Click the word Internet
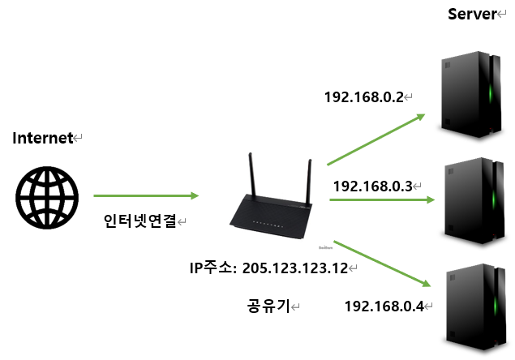click(x=43, y=138)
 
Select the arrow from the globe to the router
click(x=146, y=195)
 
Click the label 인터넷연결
click(x=140, y=221)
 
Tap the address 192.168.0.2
click(x=363, y=97)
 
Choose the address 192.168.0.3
click(x=372, y=185)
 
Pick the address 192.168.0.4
click(x=384, y=306)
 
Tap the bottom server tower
click(x=473, y=306)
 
